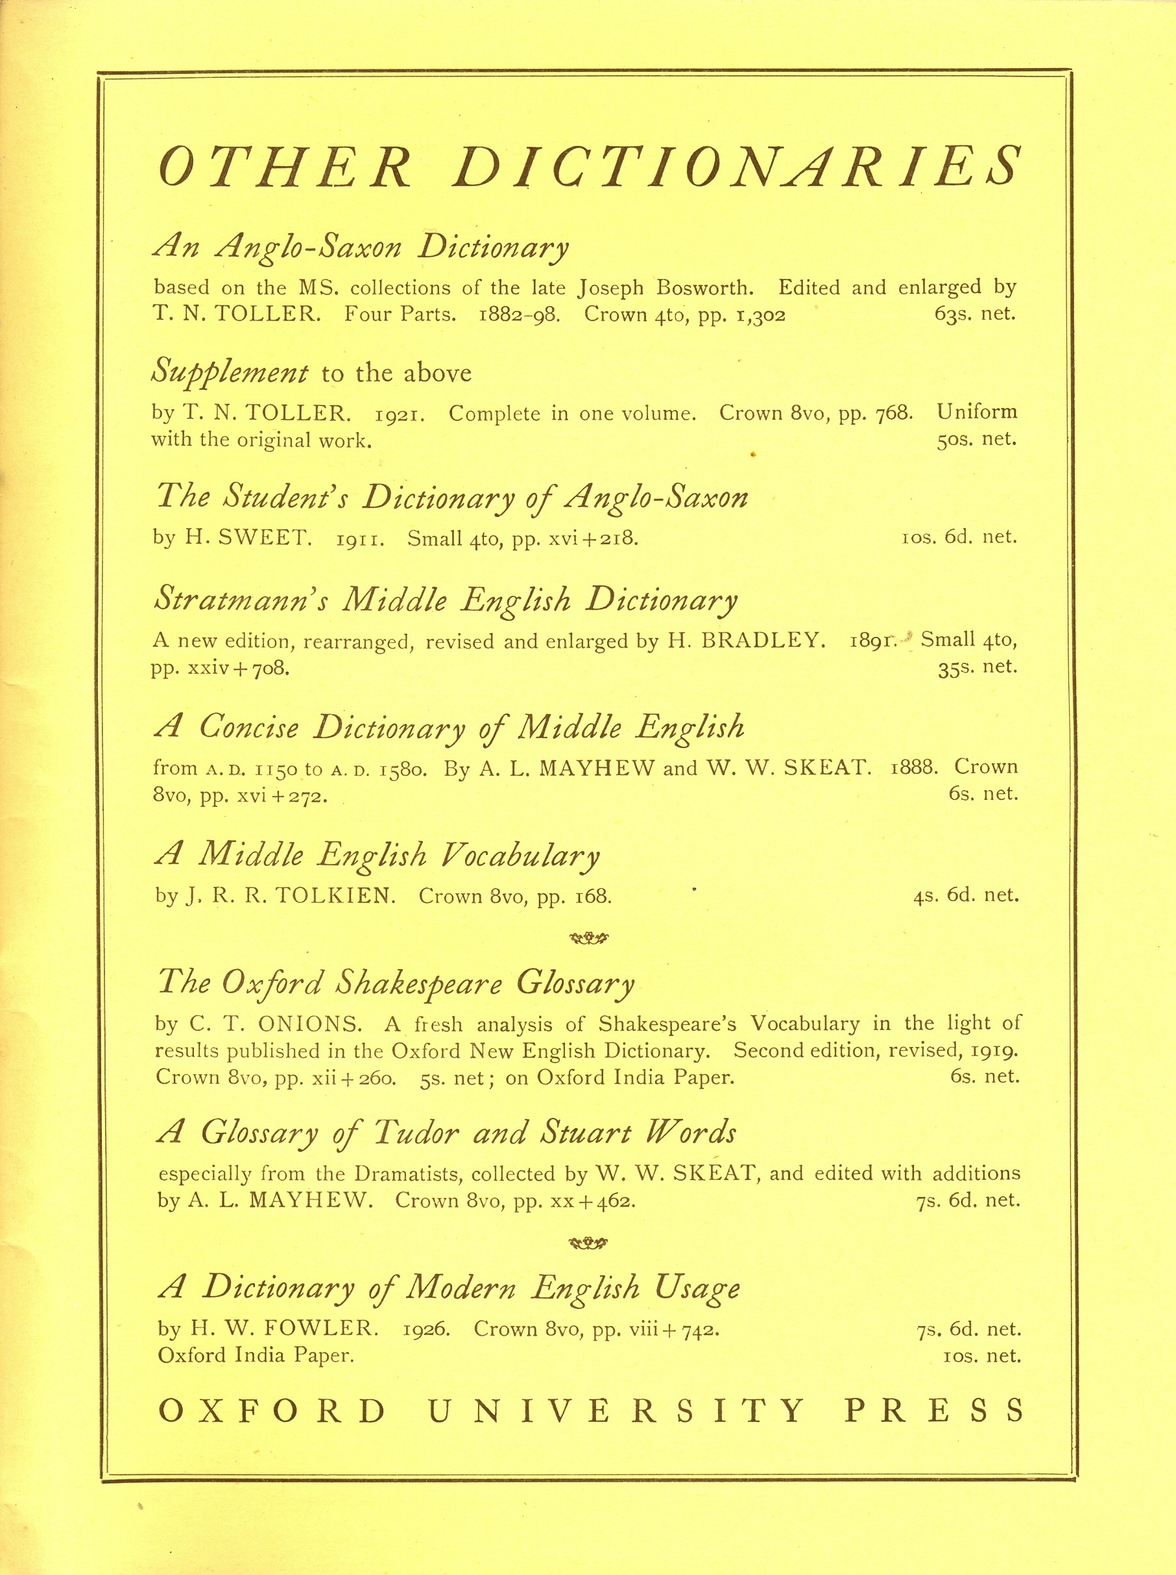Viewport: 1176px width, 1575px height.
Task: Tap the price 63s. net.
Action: pyautogui.click(x=974, y=314)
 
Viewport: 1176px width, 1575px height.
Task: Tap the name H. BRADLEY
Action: pyautogui.click(x=746, y=640)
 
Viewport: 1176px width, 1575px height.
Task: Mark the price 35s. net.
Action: pyautogui.click(x=978, y=667)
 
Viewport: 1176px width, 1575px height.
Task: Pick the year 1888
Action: pyautogui.click(x=914, y=767)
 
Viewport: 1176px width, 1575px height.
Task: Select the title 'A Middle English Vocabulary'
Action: pyautogui.click(x=378, y=856)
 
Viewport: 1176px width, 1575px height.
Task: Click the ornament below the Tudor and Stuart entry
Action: pyautogui.click(x=588, y=1244)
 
